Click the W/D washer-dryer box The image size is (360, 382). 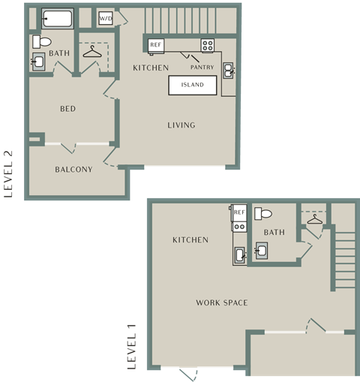(106, 18)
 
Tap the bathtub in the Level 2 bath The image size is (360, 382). (58, 19)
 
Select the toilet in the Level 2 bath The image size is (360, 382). (42, 41)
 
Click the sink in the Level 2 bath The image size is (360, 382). (38, 62)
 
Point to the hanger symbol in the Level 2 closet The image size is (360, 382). (92, 52)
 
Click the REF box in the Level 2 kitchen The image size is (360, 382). (156, 46)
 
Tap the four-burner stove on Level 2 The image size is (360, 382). (208, 46)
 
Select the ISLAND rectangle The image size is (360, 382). (193, 85)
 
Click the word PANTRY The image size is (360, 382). (202, 67)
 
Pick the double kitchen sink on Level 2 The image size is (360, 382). (228, 71)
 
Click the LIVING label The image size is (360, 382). (181, 125)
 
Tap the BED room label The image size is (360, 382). (67, 109)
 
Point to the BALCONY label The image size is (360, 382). (73, 170)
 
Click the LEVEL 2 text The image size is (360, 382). (8, 174)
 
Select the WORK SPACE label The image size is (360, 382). (222, 302)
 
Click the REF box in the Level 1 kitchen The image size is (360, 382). (239, 212)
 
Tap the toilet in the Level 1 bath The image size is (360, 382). (263, 214)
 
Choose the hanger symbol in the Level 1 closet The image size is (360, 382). (315, 219)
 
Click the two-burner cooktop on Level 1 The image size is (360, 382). (239, 227)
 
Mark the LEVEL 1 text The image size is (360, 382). (132, 347)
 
